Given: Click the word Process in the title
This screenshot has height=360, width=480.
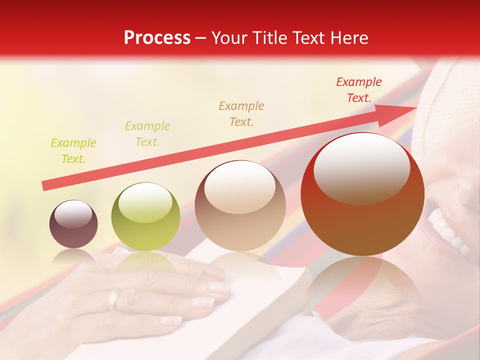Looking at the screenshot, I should (157, 38).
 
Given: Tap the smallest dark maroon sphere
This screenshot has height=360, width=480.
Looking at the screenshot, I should (73, 224).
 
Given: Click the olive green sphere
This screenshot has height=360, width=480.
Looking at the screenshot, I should (145, 216).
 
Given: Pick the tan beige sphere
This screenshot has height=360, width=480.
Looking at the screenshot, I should (240, 206).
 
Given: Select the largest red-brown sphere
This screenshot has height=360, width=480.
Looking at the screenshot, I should (362, 194).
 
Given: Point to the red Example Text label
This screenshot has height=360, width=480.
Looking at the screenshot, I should (358, 90).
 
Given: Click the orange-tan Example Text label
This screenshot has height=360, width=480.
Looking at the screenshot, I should (241, 113).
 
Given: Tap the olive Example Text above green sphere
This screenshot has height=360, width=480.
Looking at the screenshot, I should (147, 134).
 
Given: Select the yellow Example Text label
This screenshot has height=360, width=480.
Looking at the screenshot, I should (73, 151).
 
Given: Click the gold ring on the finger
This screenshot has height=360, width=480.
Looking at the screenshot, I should (114, 298).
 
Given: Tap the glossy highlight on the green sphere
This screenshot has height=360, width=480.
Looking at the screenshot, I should (145, 203).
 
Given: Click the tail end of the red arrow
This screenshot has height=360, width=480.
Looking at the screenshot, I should (45, 186).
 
